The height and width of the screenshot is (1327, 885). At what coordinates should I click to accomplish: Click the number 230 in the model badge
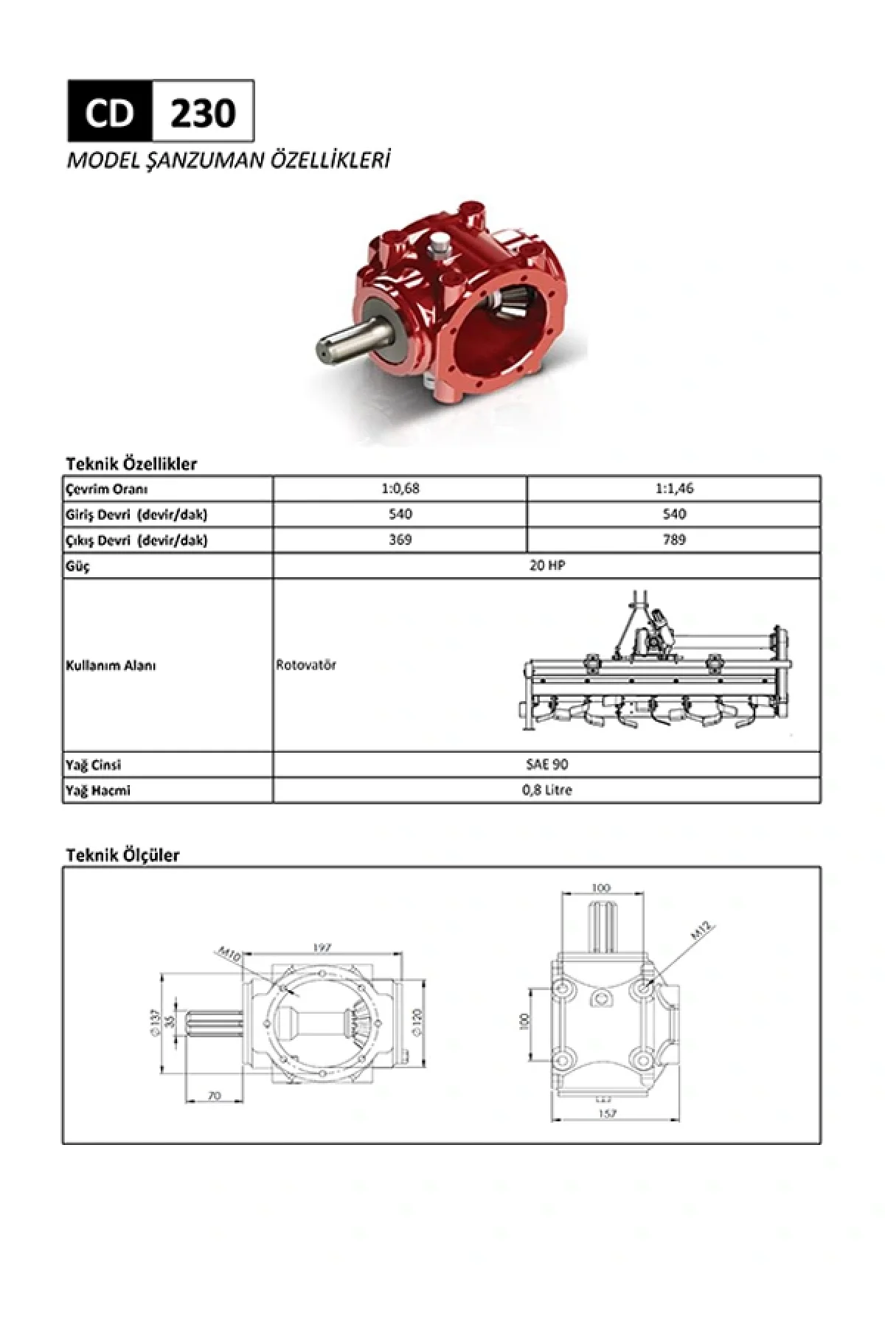pos(203,112)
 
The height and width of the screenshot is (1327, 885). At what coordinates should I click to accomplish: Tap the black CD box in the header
pos(110,112)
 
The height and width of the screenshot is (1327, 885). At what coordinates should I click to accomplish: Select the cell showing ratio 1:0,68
pos(400,489)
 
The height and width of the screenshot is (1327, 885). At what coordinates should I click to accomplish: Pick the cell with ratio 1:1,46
pos(673,489)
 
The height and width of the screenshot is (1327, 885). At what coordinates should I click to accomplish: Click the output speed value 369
pos(400,540)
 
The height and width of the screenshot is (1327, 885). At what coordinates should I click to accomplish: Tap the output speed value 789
pos(673,540)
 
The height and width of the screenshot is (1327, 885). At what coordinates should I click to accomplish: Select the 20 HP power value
pos(546,565)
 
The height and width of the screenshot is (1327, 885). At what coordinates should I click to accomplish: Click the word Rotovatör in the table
pos(306,665)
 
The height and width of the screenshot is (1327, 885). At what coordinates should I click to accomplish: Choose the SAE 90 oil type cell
pos(546,764)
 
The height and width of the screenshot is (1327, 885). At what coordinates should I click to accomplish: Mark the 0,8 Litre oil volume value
pos(546,790)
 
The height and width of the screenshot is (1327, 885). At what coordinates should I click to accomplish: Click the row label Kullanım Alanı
pos(111,666)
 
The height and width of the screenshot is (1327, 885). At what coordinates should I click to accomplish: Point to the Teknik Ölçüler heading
pos(122,855)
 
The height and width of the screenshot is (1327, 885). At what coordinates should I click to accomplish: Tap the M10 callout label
pos(231,955)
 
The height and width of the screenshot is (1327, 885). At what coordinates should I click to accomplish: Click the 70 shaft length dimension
pos(214,1096)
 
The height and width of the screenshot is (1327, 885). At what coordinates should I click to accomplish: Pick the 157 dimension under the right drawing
pos(607,1114)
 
